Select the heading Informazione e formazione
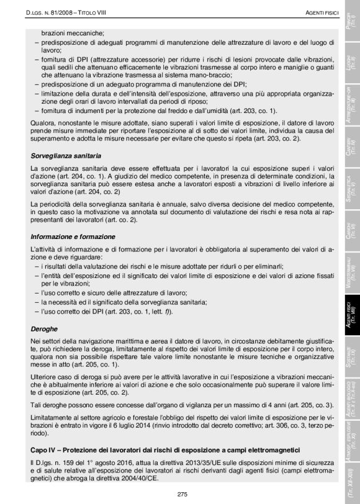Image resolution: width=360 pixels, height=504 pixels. tap(74, 236)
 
